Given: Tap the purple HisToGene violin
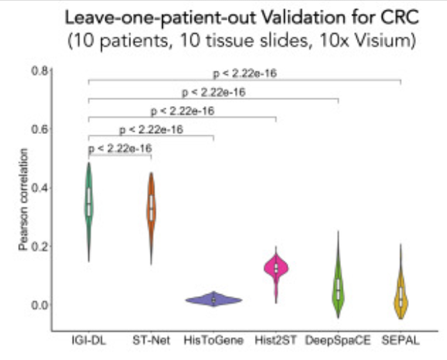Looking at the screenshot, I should pos(214,300).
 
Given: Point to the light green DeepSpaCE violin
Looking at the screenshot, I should pos(338,288).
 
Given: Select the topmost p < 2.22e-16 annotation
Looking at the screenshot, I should pos(244,71).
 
